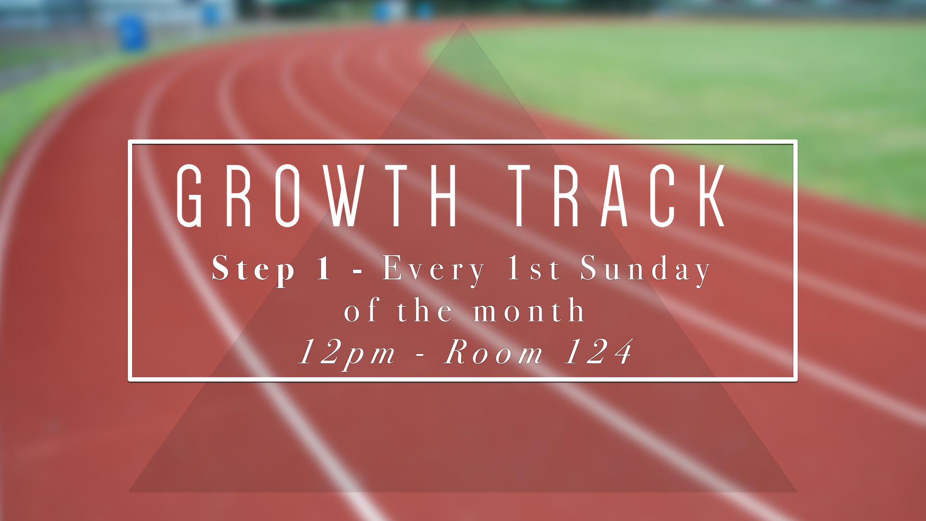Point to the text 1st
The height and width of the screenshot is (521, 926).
534,268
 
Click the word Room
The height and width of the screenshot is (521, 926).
493,352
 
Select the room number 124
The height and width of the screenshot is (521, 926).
598,351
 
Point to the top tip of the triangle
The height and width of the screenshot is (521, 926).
463,23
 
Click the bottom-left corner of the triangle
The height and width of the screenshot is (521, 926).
129,492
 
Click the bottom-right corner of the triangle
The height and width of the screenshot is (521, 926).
797,492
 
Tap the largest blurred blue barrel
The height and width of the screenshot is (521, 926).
132,32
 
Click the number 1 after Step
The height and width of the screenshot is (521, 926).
324,268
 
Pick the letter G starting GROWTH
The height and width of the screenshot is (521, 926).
189,195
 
